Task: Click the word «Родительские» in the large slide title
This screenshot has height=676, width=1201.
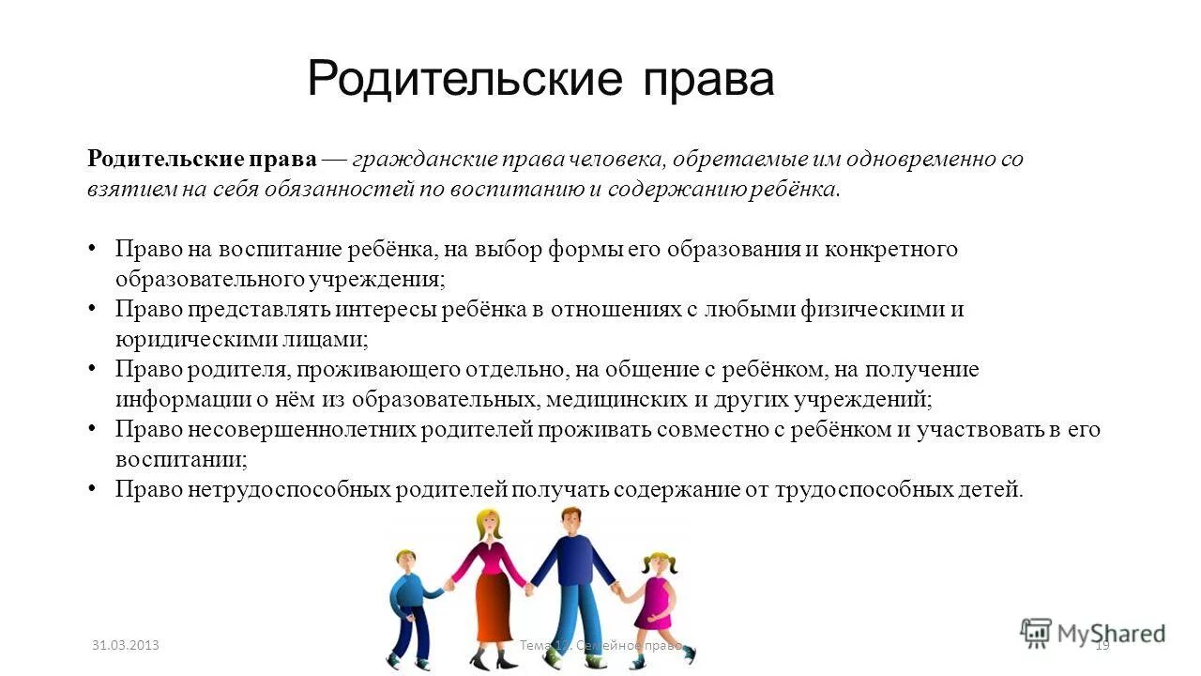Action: click(x=464, y=79)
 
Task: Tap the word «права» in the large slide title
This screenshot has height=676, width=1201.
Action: click(x=708, y=81)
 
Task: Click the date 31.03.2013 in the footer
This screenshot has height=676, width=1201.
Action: click(x=126, y=645)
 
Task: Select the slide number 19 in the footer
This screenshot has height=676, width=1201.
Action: click(x=1102, y=645)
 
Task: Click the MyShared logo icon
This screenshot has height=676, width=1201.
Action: click(x=1036, y=632)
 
